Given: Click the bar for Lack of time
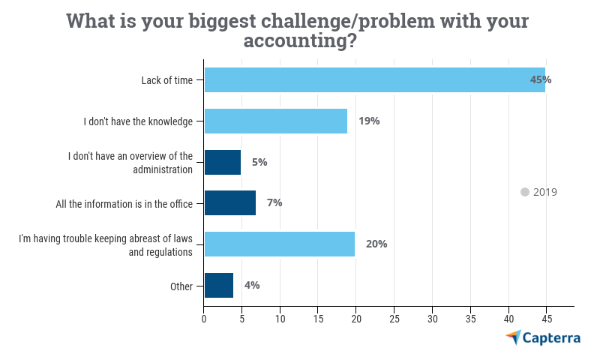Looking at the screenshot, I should [374, 79].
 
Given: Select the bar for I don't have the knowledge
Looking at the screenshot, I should [275, 121].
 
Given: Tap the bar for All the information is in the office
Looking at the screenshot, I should [229, 202].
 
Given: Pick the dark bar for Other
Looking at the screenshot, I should [218, 285].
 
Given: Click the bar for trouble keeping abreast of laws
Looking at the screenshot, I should [279, 244].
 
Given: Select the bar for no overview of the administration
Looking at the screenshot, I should [222, 162].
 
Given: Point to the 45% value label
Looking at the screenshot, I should [540, 79].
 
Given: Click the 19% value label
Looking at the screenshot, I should [369, 121].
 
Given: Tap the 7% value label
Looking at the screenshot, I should [274, 202].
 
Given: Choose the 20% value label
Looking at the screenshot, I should [376, 244].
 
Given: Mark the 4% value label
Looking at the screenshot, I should [251, 285].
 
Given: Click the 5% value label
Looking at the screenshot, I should [259, 162].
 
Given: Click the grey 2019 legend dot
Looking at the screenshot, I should [525, 192].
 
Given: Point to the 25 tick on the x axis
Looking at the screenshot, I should [394, 319].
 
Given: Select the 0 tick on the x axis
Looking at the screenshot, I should [204, 319].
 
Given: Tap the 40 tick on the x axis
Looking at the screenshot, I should [508, 319].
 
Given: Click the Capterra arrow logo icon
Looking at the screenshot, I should [513, 337].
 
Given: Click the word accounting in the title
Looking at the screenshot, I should [295, 40].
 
